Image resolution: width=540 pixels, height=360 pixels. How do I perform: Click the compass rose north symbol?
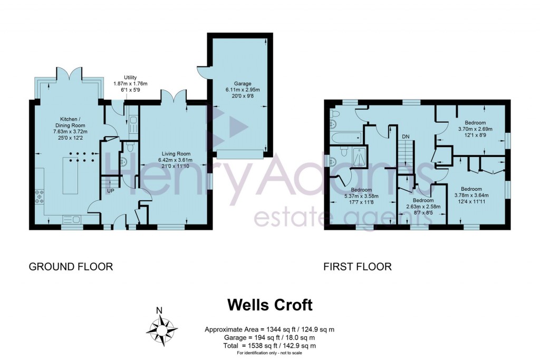click(161, 327)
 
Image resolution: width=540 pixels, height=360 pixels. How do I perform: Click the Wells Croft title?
click(269, 305)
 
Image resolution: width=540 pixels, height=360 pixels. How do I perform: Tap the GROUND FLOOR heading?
click(71, 267)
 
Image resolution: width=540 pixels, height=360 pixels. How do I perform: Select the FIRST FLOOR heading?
click(357, 267)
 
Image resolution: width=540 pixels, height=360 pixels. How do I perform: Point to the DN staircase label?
click(405, 137)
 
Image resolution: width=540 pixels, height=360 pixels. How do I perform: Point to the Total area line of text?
click(269, 346)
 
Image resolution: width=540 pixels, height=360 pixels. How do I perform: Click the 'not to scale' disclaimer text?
click(269, 353)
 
